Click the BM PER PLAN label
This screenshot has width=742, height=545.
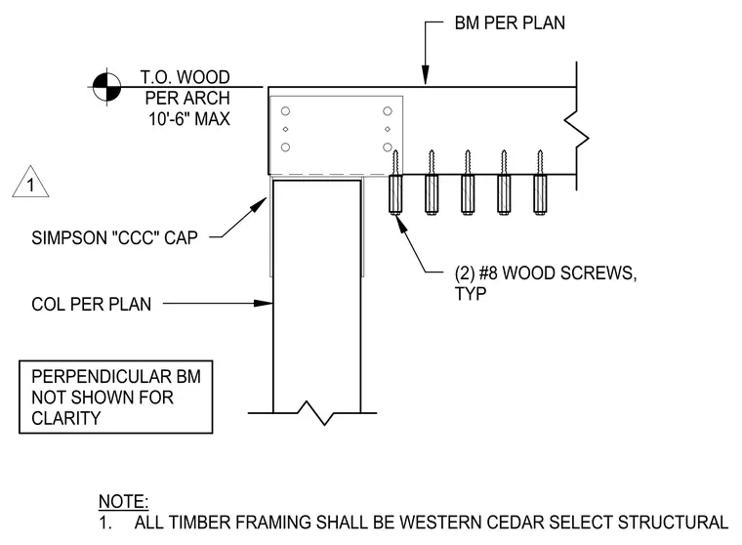point(510,22)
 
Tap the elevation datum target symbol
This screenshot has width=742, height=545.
point(106,87)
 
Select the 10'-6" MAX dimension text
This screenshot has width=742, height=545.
point(189,119)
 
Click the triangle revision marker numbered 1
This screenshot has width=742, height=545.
point(31,182)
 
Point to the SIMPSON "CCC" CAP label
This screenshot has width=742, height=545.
point(114,237)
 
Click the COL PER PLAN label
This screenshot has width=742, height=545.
point(92,304)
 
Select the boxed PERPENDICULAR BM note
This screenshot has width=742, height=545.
point(116,398)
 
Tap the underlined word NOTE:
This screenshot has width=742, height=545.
point(124,501)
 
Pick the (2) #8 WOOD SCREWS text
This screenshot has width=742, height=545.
point(546,273)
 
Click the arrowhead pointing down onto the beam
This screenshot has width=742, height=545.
point(426,76)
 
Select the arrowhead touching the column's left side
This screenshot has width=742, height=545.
point(263,303)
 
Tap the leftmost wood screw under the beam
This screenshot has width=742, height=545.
point(395,183)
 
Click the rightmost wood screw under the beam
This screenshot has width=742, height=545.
point(540,183)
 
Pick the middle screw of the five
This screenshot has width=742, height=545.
point(468,183)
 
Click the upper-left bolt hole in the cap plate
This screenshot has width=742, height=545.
point(285,111)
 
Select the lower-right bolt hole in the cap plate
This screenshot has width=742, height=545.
point(388,147)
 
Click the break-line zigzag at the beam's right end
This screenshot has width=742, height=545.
point(576,126)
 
